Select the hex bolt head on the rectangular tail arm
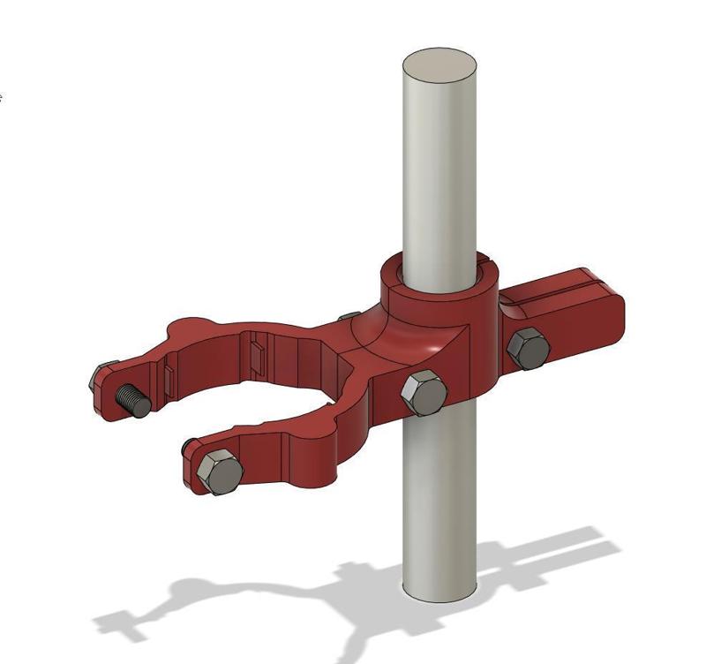tap(529, 347)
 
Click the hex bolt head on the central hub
tap(424, 393)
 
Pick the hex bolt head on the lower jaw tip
tap(220, 472)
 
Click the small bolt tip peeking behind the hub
tap(349, 316)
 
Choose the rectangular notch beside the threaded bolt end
tap(166, 378)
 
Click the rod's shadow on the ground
tap(371, 618)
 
